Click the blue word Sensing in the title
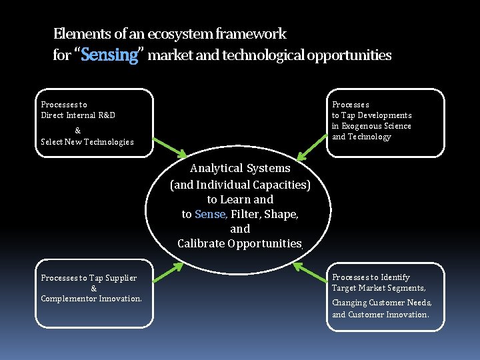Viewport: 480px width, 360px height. pyautogui.click(x=109, y=55)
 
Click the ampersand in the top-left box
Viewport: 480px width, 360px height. pyautogui.click(x=78, y=130)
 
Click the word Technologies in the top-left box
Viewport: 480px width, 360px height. pyautogui.click(x=109, y=141)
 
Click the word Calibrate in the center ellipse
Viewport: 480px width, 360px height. pyautogui.click(x=201, y=243)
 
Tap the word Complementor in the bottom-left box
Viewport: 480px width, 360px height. pyautogui.click(x=70, y=299)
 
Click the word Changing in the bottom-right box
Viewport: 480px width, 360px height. pyautogui.click(x=349, y=303)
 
